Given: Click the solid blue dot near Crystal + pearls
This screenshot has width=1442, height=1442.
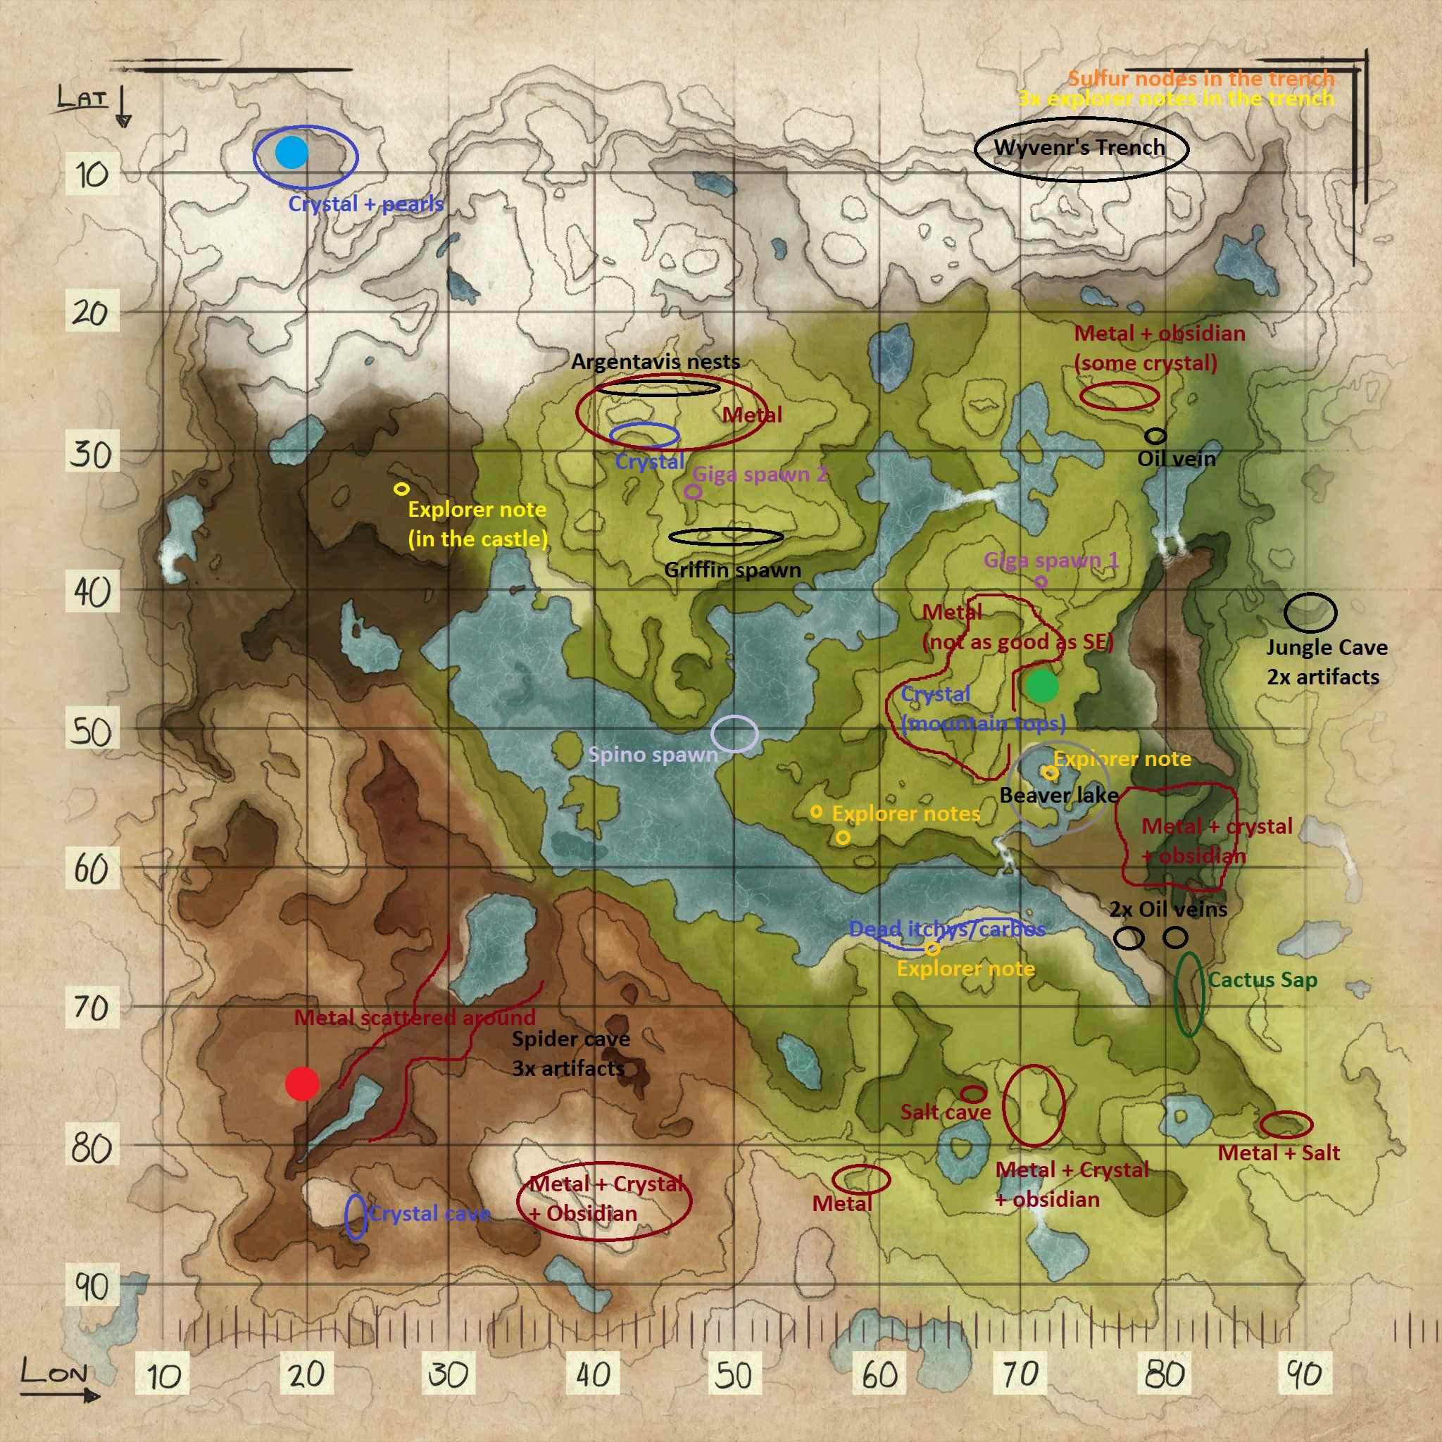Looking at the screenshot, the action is click(291, 152).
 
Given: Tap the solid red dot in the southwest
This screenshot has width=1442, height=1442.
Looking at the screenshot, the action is click(302, 1084).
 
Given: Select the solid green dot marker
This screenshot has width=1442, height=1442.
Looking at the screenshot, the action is click(1041, 686).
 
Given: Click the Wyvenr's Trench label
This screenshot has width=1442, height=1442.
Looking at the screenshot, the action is click(1079, 148).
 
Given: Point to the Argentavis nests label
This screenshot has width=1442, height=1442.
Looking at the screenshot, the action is click(656, 362).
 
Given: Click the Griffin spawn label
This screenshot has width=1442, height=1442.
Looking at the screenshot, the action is click(732, 570).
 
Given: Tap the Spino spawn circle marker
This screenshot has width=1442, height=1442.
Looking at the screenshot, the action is click(734, 733).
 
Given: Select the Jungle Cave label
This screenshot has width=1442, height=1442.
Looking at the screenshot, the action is click(1327, 648).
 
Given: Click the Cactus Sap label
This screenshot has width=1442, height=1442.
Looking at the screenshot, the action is click(1262, 980).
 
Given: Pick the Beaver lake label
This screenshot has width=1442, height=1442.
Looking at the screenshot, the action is click(1058, 796).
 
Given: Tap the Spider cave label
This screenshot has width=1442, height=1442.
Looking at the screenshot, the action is click(570, 1039).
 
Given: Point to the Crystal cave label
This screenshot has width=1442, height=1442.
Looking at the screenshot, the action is click(430, 1215).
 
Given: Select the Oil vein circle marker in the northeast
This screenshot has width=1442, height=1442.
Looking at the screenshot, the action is click(1155, 436).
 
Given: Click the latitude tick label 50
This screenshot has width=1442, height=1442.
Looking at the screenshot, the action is click(91, 732).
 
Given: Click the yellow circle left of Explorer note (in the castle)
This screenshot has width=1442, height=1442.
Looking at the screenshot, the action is click(401, 489).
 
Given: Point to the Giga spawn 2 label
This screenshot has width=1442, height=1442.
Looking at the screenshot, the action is click(760, 475).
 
